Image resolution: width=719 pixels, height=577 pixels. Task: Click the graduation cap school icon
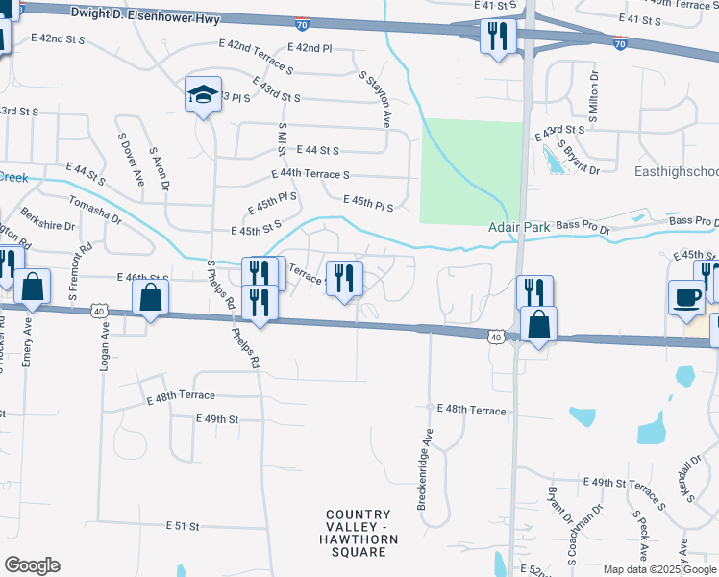(203, 94)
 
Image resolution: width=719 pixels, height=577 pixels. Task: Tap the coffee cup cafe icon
(686, 297)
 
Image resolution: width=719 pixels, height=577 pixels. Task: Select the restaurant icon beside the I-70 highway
(498, 37)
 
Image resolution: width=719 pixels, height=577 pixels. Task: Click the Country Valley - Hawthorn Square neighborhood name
(358, 534)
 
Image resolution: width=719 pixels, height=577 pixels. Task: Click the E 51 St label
(182, 526)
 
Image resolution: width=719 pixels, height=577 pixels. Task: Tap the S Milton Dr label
(593, 91)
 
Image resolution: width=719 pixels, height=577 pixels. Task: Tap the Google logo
(32, 565)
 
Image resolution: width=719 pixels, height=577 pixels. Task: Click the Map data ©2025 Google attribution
(659, 569)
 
